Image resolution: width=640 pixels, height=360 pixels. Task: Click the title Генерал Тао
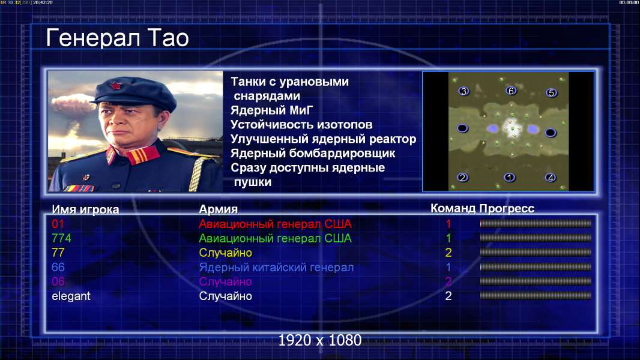tap(117, 38)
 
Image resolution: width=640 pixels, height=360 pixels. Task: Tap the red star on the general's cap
tap(116, 86)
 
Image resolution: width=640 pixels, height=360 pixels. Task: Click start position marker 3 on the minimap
tap(463, 91)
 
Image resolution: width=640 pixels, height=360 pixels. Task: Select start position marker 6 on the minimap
tap(511, 91)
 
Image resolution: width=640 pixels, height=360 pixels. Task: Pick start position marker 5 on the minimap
tap(551, 93)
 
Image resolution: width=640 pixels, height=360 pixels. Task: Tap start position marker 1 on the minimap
tap(509, 178)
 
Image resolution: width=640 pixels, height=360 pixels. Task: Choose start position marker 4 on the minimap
tap(551, 178)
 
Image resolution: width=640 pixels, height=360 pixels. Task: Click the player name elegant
tap(71, 296)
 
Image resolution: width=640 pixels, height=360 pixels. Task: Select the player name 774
tap(61, 238)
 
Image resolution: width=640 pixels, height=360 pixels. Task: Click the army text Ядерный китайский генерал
tap(276, 268)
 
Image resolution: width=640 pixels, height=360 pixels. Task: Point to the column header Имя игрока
tap(85, 209)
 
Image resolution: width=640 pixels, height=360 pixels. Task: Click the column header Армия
tap(219, 209)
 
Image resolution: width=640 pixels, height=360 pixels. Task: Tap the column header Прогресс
tap(507, 209)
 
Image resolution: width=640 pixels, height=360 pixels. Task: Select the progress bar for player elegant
tap(536, 296)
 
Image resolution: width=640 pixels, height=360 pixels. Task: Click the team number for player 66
tap(448, 268)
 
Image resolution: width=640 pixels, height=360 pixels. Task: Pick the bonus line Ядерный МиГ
tap(272, 110)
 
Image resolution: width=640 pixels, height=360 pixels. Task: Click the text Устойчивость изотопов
tap(301, 125)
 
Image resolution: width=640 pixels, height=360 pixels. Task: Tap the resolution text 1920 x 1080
tap(320, 340)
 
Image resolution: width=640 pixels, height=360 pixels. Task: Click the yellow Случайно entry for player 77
tap(225, 253)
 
